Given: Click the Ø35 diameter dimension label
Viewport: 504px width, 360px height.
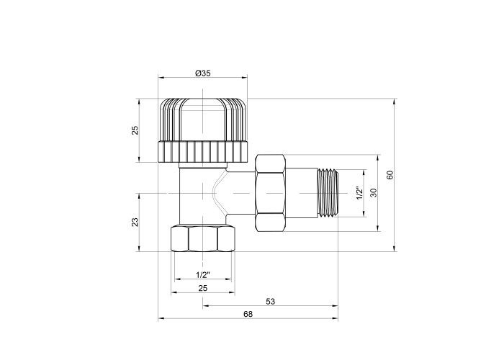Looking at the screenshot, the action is point(203,73).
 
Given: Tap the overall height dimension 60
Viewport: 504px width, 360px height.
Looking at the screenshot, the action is point(390,175).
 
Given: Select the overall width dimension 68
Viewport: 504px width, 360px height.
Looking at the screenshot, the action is point(248,314).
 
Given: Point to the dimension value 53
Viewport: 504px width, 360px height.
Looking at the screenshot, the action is point(271,302).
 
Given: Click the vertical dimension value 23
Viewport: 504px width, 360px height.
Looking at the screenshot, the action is point(135,222).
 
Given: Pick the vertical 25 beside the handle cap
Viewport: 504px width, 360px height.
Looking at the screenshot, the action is point(135,130).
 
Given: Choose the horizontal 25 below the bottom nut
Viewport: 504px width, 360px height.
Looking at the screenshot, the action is point(203,288).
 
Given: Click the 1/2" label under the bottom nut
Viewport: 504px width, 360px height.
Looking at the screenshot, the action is point(203,275).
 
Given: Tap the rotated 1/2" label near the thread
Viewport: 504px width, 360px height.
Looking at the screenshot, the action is point(359,193).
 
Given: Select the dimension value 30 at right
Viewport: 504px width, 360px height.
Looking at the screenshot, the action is point(373,193).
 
